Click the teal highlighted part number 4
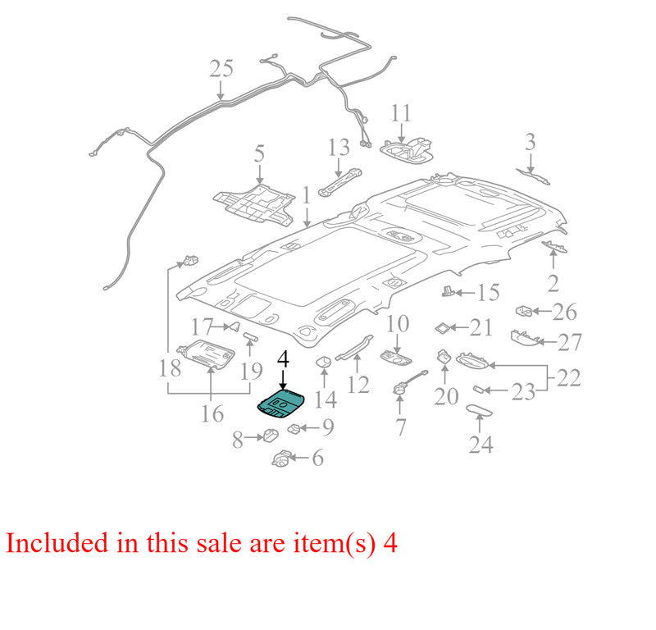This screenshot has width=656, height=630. pos(283,403)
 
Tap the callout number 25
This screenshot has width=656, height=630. pos(221,69)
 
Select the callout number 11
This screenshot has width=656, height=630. pos(401,113)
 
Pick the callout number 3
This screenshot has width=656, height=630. pos(530,142)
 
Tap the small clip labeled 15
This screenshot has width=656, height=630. pos(448,291)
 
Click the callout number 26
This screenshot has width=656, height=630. pos(564,312)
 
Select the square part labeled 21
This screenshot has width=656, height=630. pos(441,328)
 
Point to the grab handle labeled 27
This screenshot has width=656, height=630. pos(525,338)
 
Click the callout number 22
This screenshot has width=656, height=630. pos(568,378)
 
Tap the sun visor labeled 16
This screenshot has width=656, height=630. pos(206,354)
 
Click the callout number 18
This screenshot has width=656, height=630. pos(170,369)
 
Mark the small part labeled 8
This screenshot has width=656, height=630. pos(271,435)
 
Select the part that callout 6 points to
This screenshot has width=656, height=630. pos(282,458)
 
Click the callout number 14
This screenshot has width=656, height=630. pos(326,399)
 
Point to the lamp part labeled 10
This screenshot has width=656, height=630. pos(396,358)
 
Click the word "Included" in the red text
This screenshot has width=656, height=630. pos(57,542)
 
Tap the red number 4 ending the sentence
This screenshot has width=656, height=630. pos(390,543)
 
